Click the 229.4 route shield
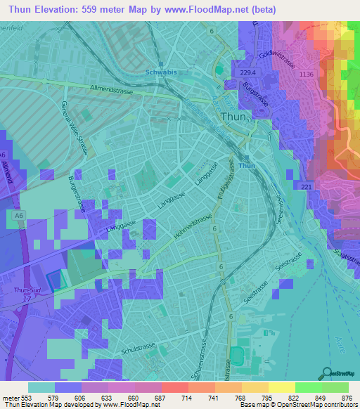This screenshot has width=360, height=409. pyautogui.click(x=248, y=72)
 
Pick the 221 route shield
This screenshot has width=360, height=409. pyautogui.click(x=306, y=187)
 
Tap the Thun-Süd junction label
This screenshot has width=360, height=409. pyautogui.click(x=27, y=288)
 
